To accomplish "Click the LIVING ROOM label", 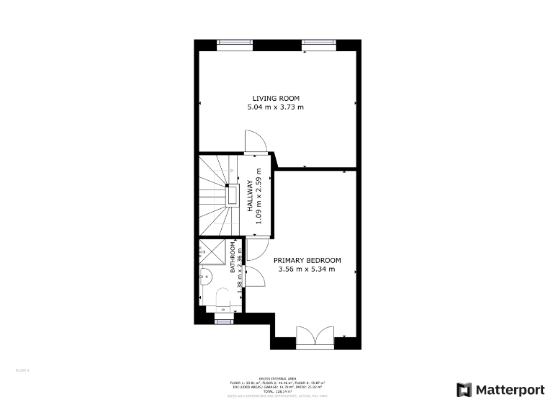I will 276,98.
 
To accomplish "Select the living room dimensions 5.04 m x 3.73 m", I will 276,107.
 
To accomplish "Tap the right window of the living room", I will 319,43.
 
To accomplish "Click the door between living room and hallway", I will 254,142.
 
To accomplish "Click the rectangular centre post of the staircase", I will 233,195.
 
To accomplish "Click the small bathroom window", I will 224,321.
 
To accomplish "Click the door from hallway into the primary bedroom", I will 258,248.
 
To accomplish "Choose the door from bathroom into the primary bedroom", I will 253,277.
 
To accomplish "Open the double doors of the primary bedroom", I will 315,337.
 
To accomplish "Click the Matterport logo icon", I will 464,390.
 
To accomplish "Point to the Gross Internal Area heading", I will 277,378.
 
